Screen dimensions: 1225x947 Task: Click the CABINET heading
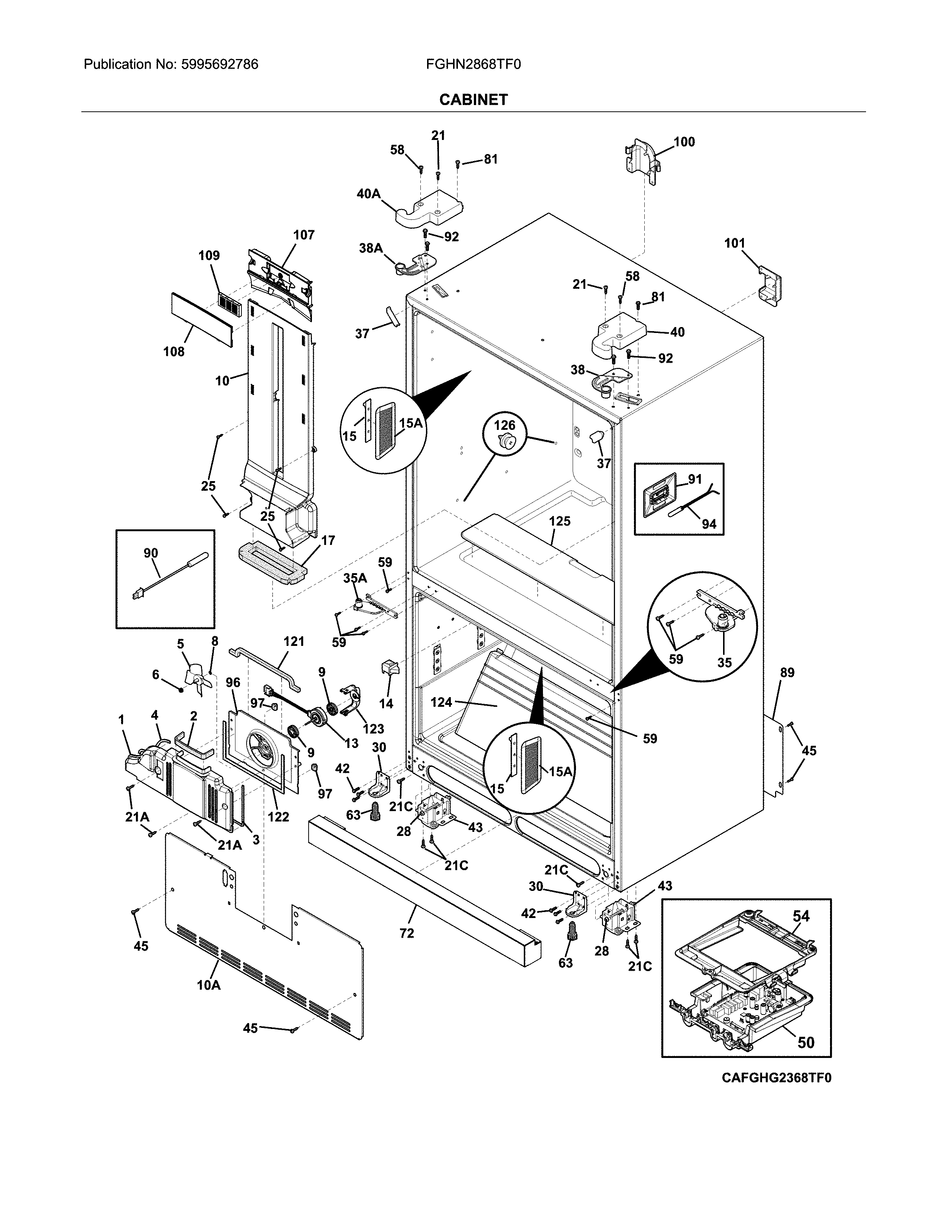point(473,100)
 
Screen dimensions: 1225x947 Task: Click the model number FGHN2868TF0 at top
point(473,65)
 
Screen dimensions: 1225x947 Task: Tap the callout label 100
point(684,142)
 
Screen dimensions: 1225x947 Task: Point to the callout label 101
point(734,244)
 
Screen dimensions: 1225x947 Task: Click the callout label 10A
point(209,985)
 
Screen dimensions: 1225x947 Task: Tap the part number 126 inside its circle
point(504,426)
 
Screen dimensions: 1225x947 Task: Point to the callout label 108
point(174,352)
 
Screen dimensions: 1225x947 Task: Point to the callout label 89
point(787,673)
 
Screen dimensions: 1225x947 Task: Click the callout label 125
point(559,521)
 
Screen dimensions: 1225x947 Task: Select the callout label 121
point(293,641)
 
